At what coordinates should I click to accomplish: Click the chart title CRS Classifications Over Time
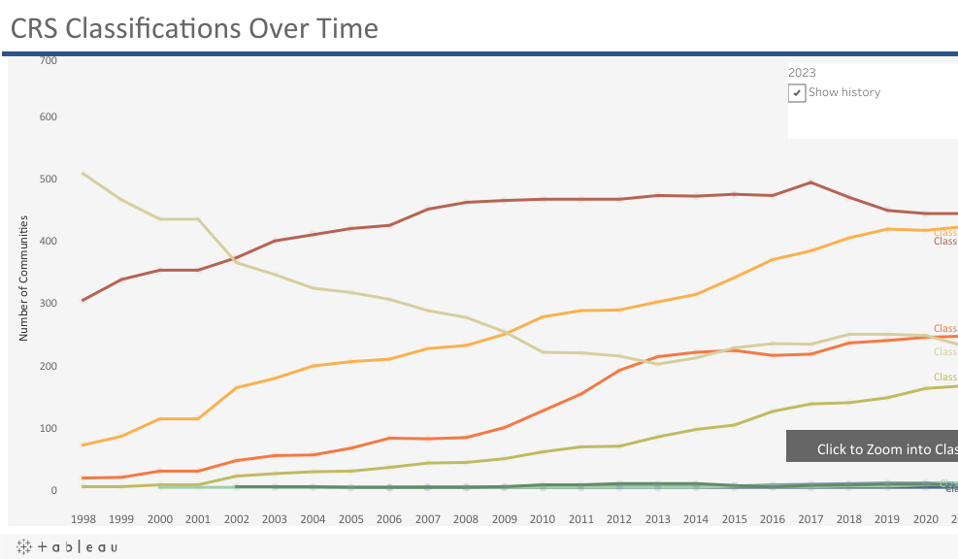194,29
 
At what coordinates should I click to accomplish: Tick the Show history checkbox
797,93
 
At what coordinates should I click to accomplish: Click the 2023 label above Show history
802,72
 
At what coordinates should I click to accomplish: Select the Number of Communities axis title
22,278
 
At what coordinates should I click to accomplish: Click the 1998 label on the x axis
83,519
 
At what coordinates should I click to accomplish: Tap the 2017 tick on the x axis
810,519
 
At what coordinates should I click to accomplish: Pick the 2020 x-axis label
926,519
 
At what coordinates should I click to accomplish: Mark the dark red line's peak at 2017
810,182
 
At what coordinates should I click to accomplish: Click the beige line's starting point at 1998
83,174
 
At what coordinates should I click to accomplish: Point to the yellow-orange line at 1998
83,444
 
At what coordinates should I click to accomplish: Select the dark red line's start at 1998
83,300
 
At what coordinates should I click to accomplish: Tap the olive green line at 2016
773,411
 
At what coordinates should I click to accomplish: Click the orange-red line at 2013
657,357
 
